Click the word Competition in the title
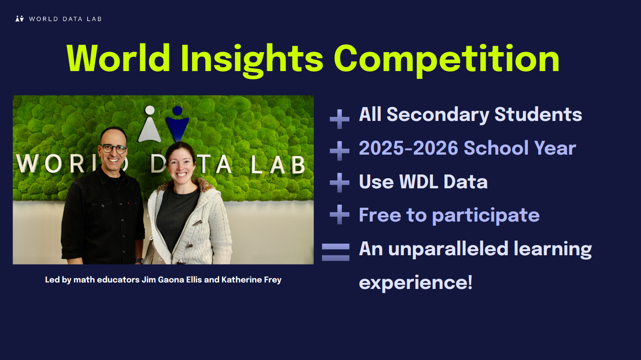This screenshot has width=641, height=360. [447, 60]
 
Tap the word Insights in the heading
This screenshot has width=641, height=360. [252, 60]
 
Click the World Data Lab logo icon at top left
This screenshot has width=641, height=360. [19, 19]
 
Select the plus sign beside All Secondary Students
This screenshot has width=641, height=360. [339, 119]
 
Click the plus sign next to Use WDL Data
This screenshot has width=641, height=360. [339, 182]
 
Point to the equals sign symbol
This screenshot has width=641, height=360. [335, 252]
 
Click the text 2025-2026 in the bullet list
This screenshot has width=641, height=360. [408, 148]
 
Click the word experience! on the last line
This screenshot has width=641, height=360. [415, 283]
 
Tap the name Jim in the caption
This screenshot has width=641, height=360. [149, 280]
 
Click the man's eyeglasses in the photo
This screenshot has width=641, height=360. [114, 149]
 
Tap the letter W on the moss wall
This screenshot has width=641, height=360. [27, 163]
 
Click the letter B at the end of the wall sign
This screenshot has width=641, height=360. [298, 165]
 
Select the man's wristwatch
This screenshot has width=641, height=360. [139, 261]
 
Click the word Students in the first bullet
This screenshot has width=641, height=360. [538, 114]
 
